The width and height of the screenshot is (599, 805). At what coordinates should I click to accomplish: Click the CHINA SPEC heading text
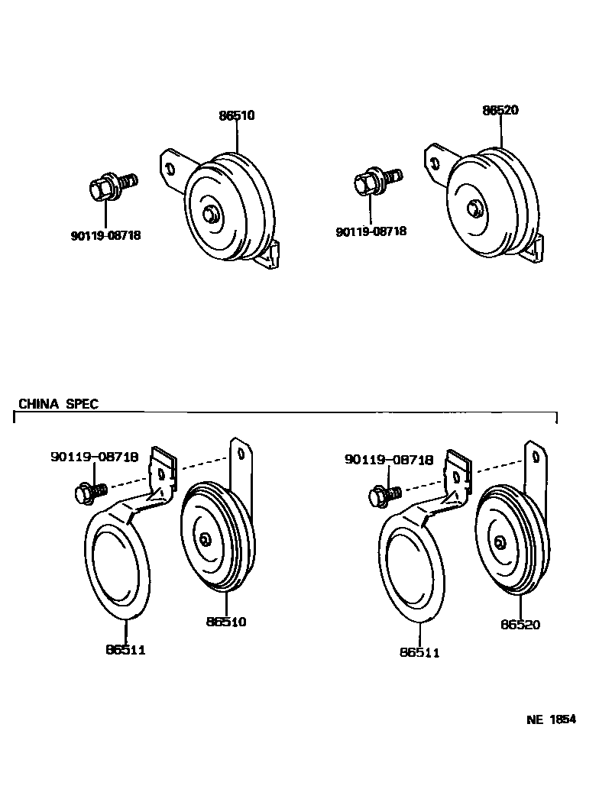pos(58,404)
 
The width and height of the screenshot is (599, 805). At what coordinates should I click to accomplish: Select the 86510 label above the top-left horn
pos(236,116)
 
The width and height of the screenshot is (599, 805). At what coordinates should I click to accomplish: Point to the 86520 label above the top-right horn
pos(500,110)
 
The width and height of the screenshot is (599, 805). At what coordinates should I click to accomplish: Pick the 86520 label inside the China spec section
pos(520,625)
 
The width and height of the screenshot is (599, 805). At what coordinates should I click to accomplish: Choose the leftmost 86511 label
pos(125,650)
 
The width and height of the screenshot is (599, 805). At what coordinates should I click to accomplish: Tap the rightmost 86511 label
pos(419,653)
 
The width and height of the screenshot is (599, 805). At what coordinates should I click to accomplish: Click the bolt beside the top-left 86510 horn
pos(112,185)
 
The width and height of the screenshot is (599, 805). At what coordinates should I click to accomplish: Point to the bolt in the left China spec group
pos(88,492)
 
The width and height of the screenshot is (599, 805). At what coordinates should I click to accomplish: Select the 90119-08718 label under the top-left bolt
pos(105,236)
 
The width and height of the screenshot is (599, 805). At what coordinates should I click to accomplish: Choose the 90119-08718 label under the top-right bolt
pos(371,231)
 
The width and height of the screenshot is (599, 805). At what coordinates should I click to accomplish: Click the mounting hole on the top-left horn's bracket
pos(170,166)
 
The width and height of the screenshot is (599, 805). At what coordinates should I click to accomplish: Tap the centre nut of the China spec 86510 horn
pos(205,539)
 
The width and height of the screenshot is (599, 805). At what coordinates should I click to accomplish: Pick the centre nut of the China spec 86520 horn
pos(499,542)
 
